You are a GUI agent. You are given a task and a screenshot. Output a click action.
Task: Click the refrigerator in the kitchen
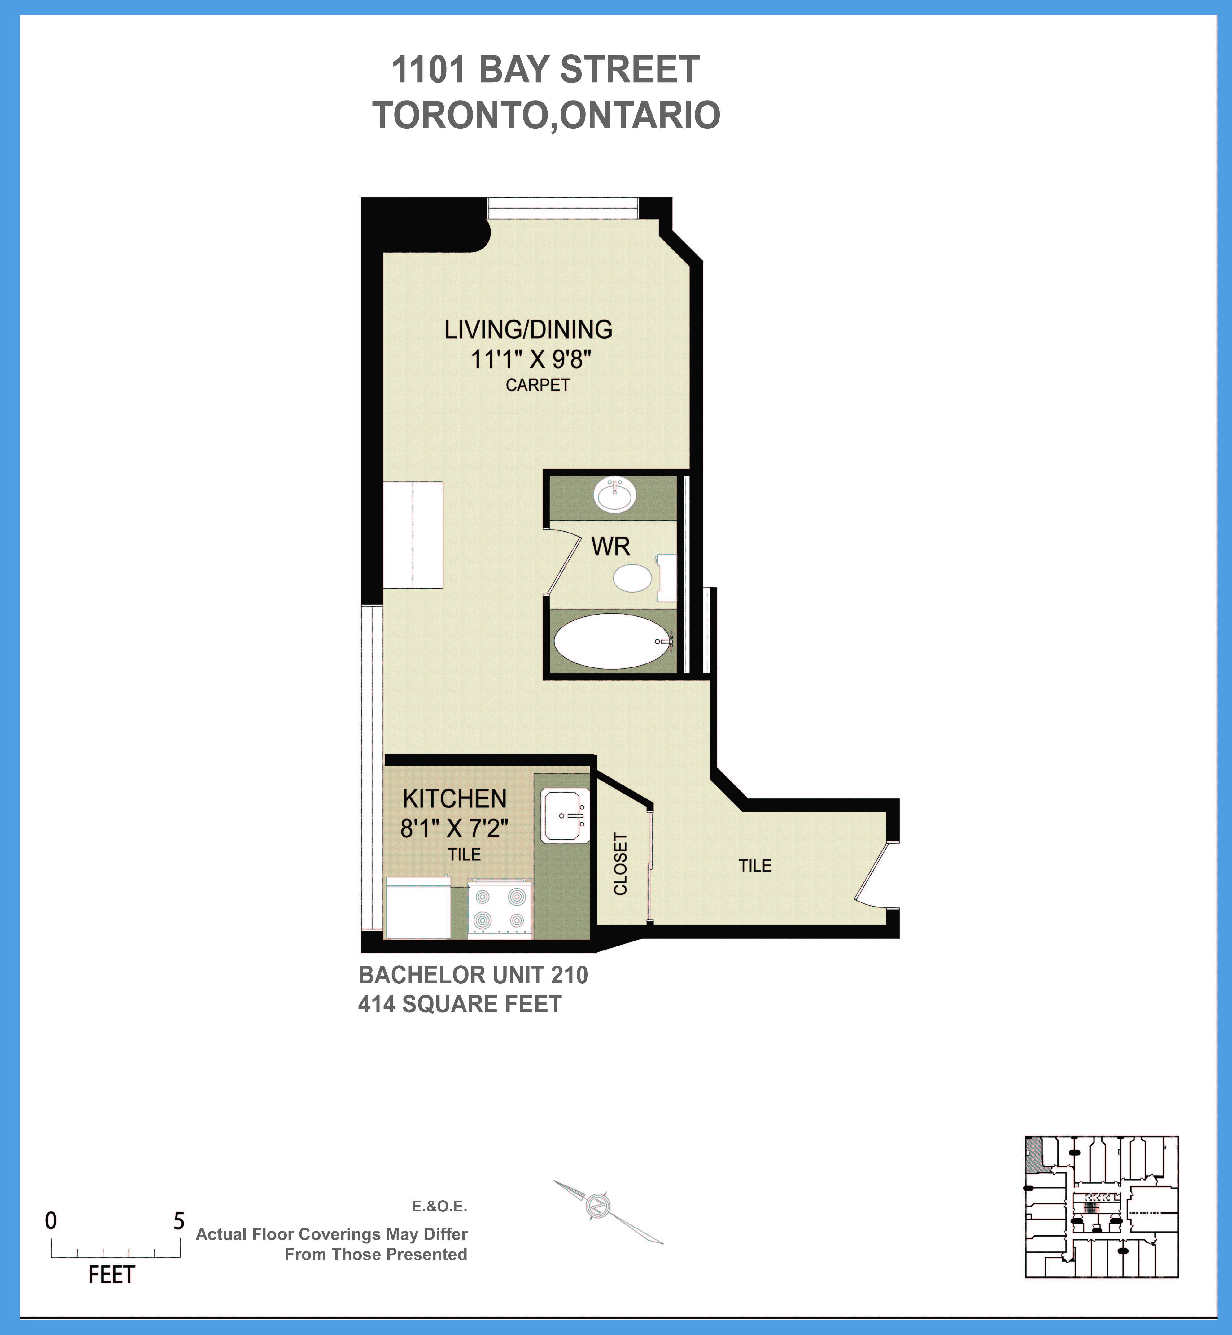pyautogui.click(x=418, y=908)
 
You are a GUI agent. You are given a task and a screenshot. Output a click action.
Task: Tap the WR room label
pyautogui.click(x=610, y=546)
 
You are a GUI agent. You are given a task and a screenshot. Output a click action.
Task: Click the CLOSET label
pyautogui.click(x=620, y=864)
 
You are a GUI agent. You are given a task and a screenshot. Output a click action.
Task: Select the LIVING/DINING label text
pyautogui.click(x=528, y=329)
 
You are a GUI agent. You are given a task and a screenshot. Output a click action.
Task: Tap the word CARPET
pyautogui.click(x=537, y=385)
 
